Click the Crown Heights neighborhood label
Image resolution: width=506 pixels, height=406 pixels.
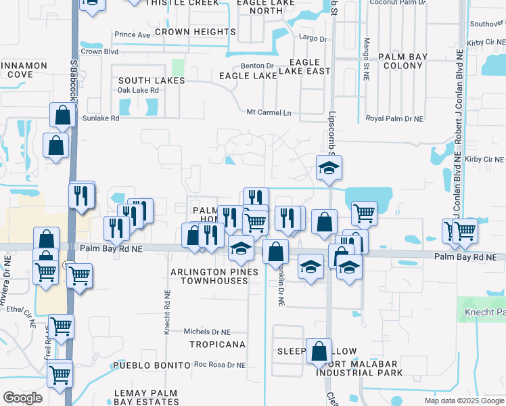pyautogui.click(x=190, y=32)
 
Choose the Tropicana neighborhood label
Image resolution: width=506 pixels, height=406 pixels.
pyautogui.click(x=217, y=344)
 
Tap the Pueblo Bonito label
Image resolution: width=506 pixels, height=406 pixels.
pyautogui.click(x=152, y=365)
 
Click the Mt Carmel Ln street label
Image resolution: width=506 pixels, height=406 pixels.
pyautogui.click(x=269, y=112)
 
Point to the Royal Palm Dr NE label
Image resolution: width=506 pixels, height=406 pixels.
pyautogui.click(x=394, y=118)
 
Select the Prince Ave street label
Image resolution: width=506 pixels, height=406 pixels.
pyautogui.click(x=133, y=35)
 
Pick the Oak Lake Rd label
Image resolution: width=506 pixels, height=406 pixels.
pyautogui.click(x=134, y=90)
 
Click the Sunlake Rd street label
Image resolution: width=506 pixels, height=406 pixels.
pyautogui.click(x=100, y=118)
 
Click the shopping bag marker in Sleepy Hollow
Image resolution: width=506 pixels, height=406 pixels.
pyautogui.click(x=319, y=351)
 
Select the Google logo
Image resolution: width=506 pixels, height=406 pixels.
pyautogui.click(x=22, y=398)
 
